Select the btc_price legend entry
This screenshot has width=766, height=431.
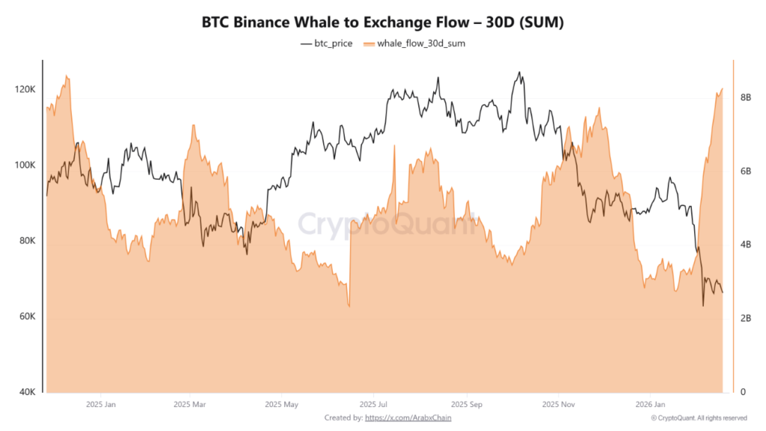click(326, 43)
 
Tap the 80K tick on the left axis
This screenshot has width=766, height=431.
click(27, 241)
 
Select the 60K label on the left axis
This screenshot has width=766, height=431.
click(27, 317)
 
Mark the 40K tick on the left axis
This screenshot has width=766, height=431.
click(27, 392)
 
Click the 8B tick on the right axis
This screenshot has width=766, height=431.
click(745, 97)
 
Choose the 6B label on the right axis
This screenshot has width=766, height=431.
click(745, 171)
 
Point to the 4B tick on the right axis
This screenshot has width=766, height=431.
click(745, 245)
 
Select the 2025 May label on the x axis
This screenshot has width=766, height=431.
click(281, 404)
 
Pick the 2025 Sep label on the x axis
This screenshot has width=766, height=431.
click(465, 404)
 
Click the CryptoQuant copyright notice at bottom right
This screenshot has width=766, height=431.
click(699, 418)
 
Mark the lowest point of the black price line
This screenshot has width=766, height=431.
click(703, 305)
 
